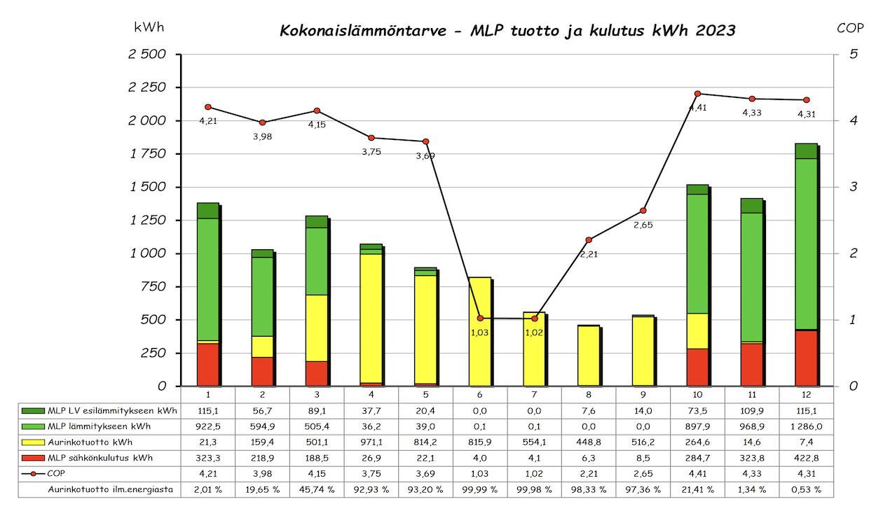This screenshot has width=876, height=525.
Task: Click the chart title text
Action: pyautogui.click(x=507, y=31)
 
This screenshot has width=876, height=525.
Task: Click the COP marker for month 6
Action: pyautogui.click(x=480, y=318)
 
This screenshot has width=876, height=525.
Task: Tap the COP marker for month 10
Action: pyautogui.click(x=697, y=93)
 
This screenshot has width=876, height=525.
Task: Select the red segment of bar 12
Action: pyautogui.click(x=806, y=358)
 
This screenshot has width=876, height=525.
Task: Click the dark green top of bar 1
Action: pyautogui.click(x=208, y=210)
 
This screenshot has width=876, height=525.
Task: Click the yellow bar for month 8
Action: pyautogui.click(x=589, y=356)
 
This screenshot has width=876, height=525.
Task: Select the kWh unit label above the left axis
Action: pyautogui.click(x=149, y=27)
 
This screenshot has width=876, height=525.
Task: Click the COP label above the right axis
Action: pyautogui.click(x=850, y=28)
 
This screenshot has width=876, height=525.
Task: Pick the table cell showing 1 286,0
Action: pyautogui.click(x=807, y=426)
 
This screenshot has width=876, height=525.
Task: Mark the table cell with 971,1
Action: pyautogui.click(x=371, y=442)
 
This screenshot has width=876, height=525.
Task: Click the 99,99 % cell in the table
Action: pyautogui.click(x=480, y=489)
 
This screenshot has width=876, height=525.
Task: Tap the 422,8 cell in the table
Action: pyautogui.click(x=807, y=458)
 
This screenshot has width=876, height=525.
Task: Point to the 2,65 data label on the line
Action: pyautogui.click(x=643, y=225)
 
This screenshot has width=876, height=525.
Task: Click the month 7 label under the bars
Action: pyautogui.click(x=535, y=394)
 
